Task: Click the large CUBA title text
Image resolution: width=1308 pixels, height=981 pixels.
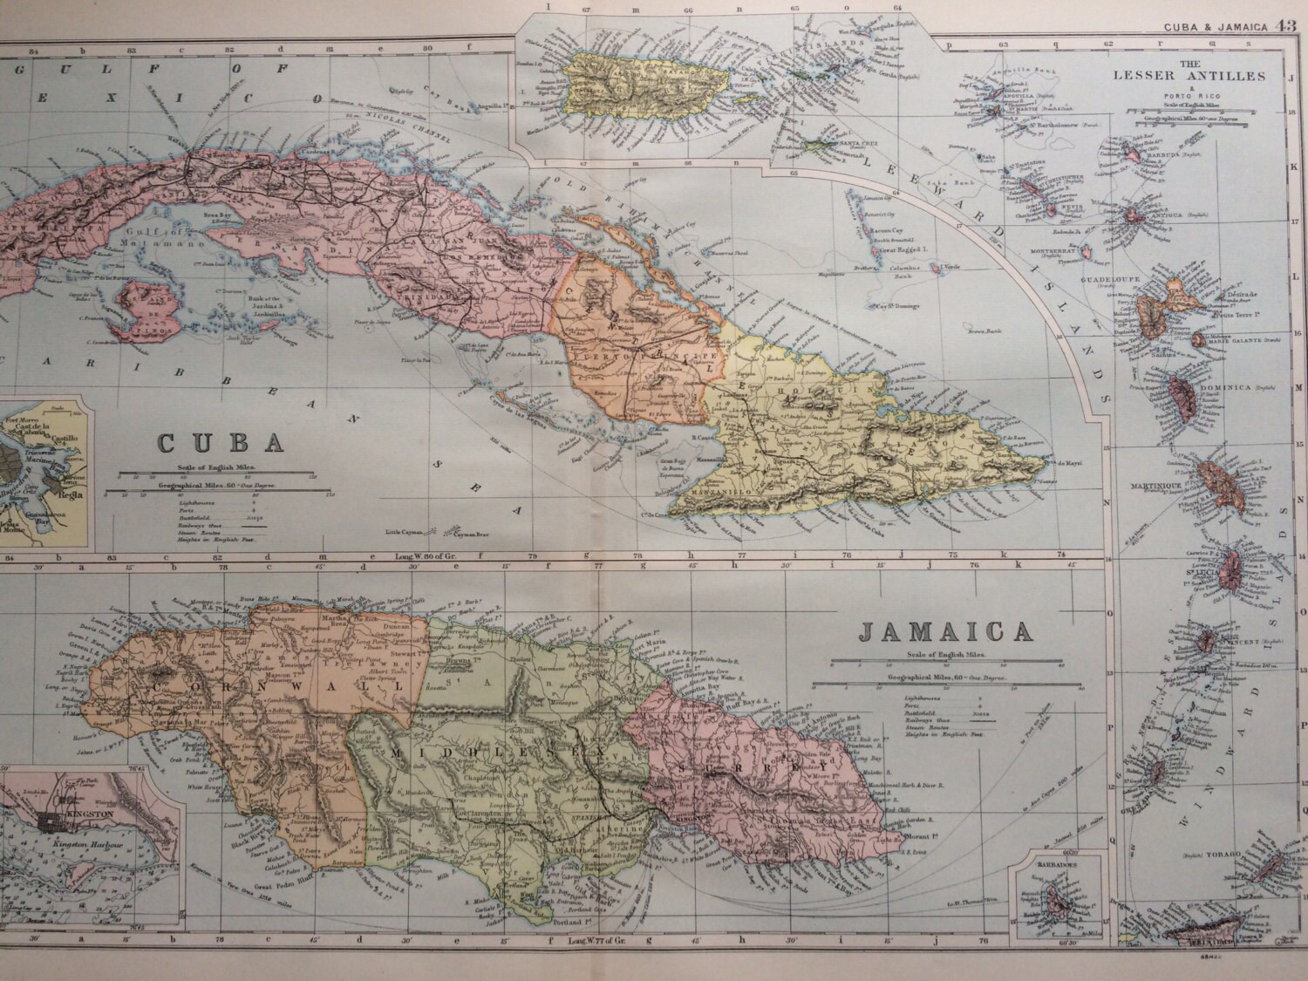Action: (221, 441)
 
